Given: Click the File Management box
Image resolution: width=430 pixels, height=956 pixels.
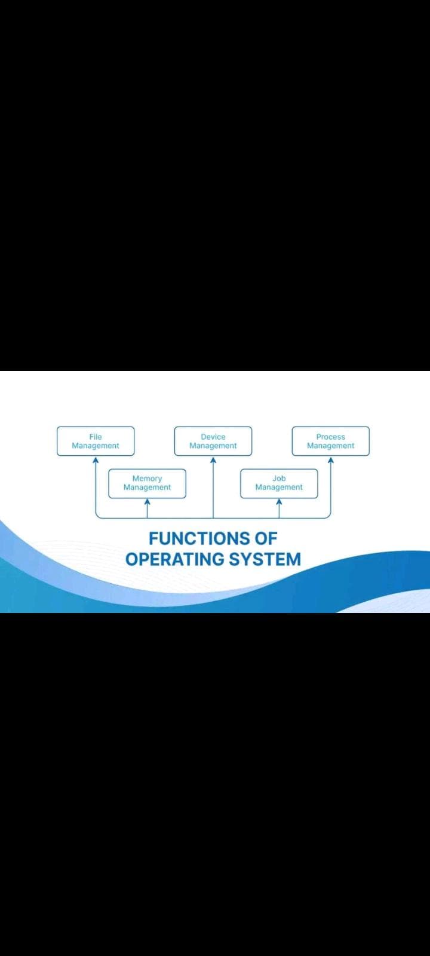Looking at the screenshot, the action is [96, 441].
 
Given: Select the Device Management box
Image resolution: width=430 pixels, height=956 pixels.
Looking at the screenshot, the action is [213, 441].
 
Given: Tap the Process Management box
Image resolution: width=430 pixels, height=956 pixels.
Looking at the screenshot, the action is [331, 441].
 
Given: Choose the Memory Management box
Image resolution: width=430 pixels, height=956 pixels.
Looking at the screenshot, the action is [147, 483].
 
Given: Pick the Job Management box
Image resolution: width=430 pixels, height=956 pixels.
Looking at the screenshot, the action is [279, 483].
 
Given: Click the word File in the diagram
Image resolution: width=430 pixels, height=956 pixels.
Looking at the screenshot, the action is [96, 437].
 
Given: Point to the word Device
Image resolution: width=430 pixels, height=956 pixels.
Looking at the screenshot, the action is [213, 437].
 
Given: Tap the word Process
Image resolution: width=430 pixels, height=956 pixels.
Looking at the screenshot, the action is [331, 437].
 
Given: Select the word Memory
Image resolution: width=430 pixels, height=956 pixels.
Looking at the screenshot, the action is [147, 479].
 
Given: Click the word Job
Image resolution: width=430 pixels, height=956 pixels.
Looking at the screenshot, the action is [279, 479].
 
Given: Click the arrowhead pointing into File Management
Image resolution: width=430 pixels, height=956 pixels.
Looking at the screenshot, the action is [96, 460].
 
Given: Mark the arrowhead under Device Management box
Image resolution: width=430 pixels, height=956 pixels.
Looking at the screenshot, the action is [213, 460].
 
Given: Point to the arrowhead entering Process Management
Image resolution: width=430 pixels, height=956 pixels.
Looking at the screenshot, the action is [331, 460].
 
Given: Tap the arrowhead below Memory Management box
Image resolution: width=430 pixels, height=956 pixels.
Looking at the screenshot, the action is [147, 502].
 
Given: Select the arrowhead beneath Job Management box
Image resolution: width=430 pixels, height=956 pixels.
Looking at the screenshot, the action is [279, 502].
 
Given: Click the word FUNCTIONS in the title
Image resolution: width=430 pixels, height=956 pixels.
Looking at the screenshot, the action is [200, 538].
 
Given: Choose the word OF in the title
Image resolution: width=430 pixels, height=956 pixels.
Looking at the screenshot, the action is [266, 538].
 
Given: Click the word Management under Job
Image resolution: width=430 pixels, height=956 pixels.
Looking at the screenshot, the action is [279, 488].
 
